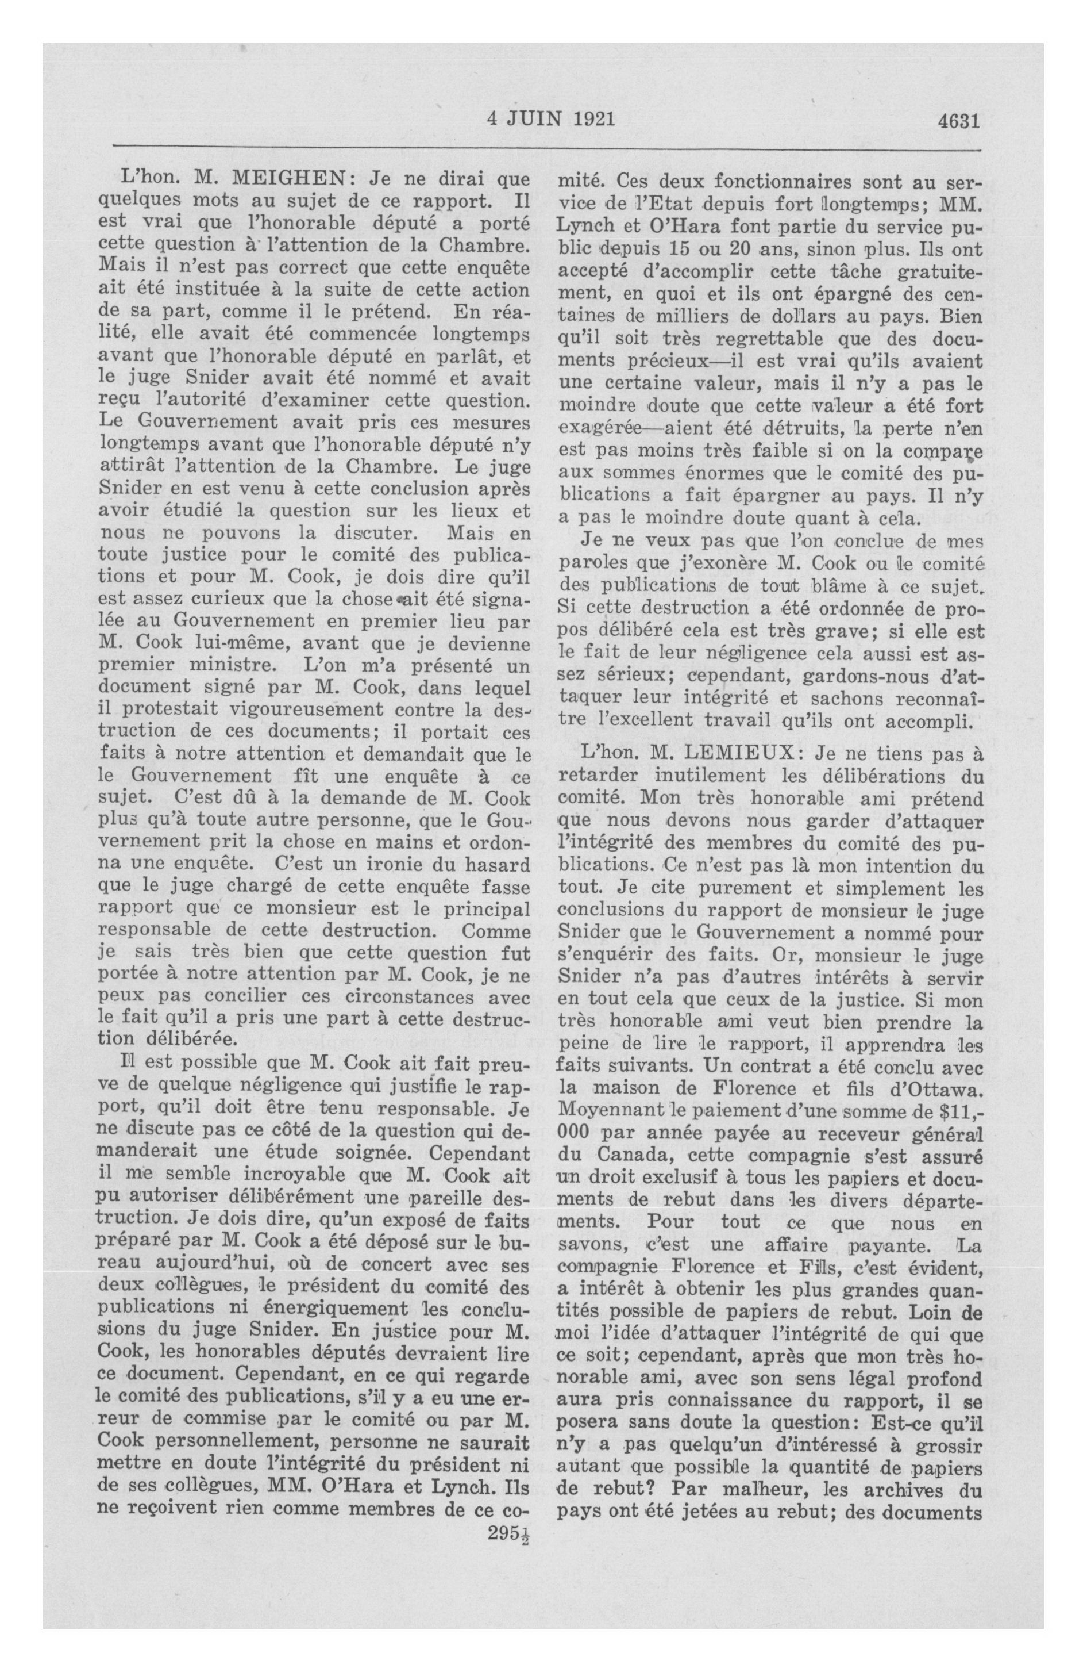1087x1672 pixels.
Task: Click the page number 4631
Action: (958, 121)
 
